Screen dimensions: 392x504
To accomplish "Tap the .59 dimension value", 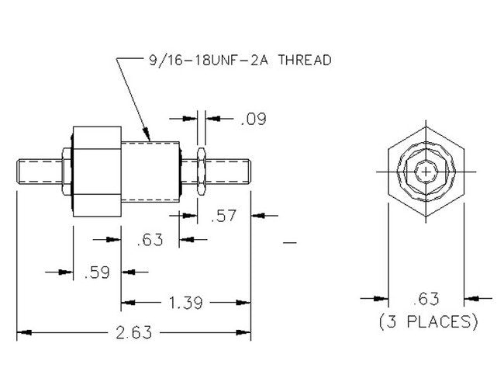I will pyautogui.click(x=95, y=272).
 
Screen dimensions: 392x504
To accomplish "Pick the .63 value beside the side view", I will pyautogui.click(x=150, y=240).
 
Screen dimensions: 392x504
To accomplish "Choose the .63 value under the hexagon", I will pyautogui.click(x=426, y=297).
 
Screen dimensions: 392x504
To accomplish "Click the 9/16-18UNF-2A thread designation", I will pyautogui.click(x=201, y=59).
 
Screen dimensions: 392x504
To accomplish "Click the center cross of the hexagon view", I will pyautogui.click(x=426, y=170).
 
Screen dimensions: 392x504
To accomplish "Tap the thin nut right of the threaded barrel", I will pyautogui.click(x=201, y=170).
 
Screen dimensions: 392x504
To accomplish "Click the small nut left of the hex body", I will pyautogui.click(x=63, y=170).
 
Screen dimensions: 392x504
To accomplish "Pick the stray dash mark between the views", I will pyautogui.click(x=291, y=245).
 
